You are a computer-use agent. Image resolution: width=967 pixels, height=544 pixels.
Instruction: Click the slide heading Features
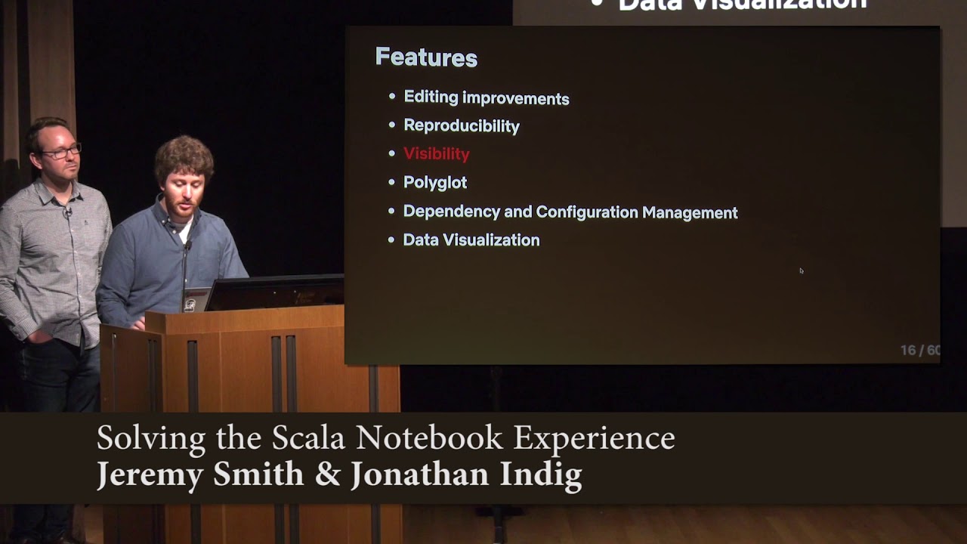click(426, 58)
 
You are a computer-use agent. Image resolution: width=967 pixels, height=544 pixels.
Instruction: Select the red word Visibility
click(437, 154)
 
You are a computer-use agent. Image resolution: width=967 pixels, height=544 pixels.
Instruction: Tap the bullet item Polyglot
click(435, 183)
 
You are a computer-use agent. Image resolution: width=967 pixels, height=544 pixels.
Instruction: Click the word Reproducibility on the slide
click(462, 126)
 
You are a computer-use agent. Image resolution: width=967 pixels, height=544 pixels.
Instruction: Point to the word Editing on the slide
click(431, 97)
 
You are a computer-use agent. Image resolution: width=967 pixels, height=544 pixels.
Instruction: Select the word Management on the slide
click(690, 213)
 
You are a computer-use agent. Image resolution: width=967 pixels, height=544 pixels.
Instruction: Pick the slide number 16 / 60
click(919, 351)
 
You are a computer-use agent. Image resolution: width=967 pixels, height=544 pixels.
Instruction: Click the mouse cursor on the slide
click(801, 270)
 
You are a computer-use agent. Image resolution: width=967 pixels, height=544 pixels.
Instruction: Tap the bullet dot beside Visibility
click(391, 153)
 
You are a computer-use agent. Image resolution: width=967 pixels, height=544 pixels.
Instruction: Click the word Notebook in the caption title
click(429, 438)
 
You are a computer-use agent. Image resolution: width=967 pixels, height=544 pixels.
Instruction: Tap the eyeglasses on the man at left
click(61, 152)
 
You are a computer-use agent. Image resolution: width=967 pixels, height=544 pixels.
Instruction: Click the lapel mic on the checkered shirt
click(67, 212)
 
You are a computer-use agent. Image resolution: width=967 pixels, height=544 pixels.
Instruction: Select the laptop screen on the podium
click(276, 294)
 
